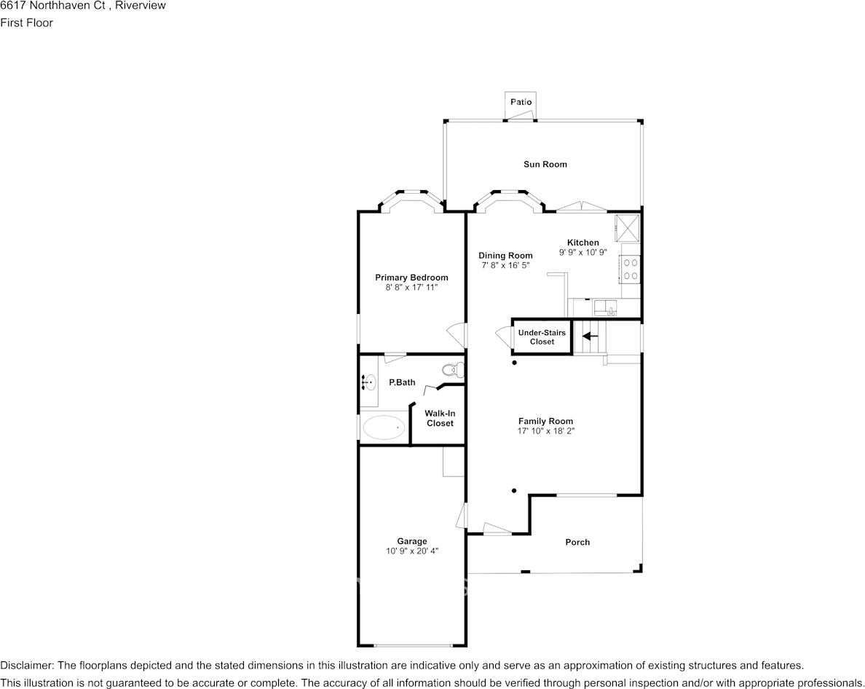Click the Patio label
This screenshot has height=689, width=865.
click(x=521, y=102)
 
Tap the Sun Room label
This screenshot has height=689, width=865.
click(x=545, y=165)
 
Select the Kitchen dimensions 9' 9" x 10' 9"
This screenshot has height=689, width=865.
click(x=583, y=252)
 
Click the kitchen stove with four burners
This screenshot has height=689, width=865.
click(x=631, y=269)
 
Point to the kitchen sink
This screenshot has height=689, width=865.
click(x=605, y=307)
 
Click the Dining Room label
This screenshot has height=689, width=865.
click(x=505, y=256)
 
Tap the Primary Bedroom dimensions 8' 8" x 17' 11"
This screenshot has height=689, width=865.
click(x=411, y=288)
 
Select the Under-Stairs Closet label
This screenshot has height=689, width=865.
click(x=542, y=337)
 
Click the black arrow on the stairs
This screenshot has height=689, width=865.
click(x=591, y=336)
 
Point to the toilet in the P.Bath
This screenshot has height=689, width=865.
click(x=452, y=369)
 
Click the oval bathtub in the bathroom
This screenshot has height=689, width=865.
click(x=384, y=428)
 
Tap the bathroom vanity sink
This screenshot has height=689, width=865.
click(x=369, y=382)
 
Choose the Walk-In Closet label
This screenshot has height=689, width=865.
click(x=440, y=418)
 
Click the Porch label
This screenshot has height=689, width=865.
click(x=577, y=543)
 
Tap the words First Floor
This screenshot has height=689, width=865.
click(x=26, y=23)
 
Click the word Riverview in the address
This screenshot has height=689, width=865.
click(x=140, y=6)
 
